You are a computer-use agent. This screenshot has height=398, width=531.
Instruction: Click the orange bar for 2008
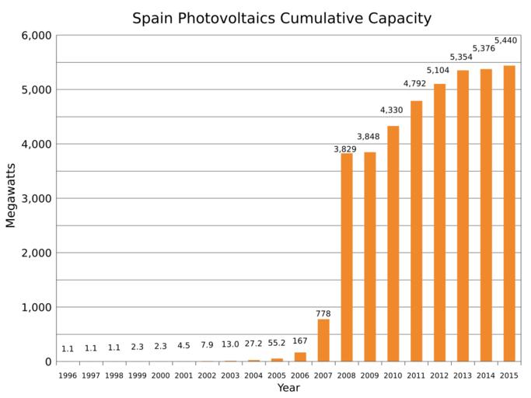pyautogui.click(x=347, y=257)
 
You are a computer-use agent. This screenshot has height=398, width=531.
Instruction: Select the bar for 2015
pyautogui.click(x=508, y=214)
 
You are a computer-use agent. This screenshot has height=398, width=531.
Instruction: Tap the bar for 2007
pyautogui.click(x=323, y=340)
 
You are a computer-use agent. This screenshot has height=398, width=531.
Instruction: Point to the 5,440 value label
pyautogui.click(x=505, y=40)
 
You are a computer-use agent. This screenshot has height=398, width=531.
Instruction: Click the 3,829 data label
pyautogui.click(x=345, y=149)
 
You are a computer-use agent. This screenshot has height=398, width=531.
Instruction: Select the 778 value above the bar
pyautogui.click(x=323, y=314)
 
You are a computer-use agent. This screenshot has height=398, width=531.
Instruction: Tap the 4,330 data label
pyautogui.click(x=391, y=110)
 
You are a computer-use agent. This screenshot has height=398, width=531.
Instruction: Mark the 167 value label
pyautogui.click(x=300, y=340)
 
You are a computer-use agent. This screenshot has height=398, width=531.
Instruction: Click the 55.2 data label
pyautogui.click(x=277, y=342)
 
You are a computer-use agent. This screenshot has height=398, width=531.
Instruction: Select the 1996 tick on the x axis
pyautogui.click(x=68, y=375)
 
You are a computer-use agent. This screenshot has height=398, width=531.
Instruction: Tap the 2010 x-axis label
pyautogui.click(x=393, y=375)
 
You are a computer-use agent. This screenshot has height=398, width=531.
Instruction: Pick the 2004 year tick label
pyautogui.click(x=253, y=375)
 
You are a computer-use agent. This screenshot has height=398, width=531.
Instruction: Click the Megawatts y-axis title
pyautogui.click(x=11, y=199)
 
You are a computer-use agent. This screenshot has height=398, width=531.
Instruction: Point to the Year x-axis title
pyautogui.click(x=288, y=387)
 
